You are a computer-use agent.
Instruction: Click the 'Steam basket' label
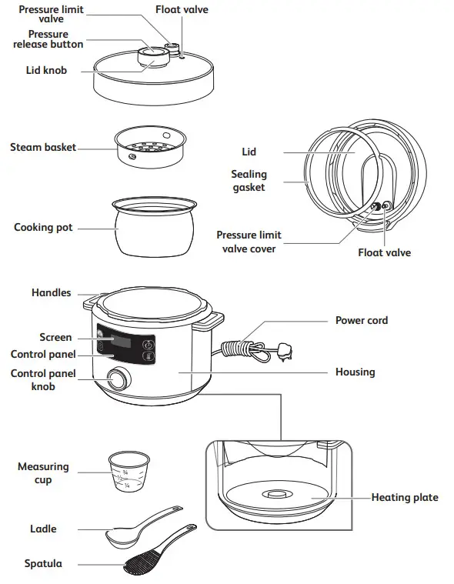[x=43, y=147]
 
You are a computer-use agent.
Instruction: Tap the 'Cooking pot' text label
[x=43, y=228]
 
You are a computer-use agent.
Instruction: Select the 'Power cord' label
[x=361, y=320]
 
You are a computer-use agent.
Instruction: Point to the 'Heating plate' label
[x=405, y=498]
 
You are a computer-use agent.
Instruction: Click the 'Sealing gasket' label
[x=248, y=181]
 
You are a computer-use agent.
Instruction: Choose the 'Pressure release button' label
[x=48, y=39]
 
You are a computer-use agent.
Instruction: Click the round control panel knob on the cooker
[x=118, y=379]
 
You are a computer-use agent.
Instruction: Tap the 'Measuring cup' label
[x=43, y=473]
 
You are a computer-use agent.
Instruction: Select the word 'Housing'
[x=355, y=372]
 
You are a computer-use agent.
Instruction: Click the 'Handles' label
[x=51, y=292]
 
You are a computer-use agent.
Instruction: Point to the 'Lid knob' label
[x=45, y=70]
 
